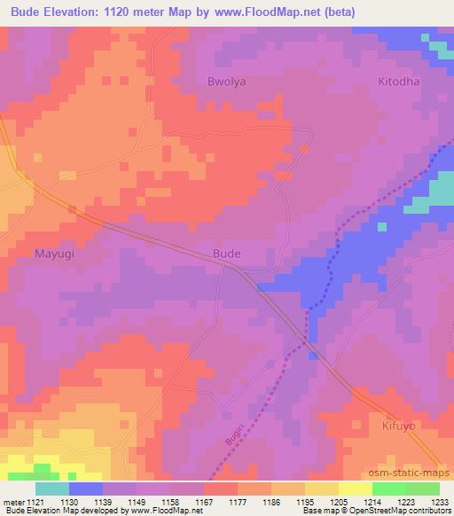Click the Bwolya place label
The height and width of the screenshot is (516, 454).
tap(225, 80)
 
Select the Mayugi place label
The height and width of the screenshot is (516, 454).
tap(54, 254)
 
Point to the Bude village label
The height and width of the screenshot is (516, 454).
tap(227, 254)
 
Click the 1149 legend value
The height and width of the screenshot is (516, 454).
tap(136, 502)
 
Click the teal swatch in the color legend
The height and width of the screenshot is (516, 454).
tap(52, 489)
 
